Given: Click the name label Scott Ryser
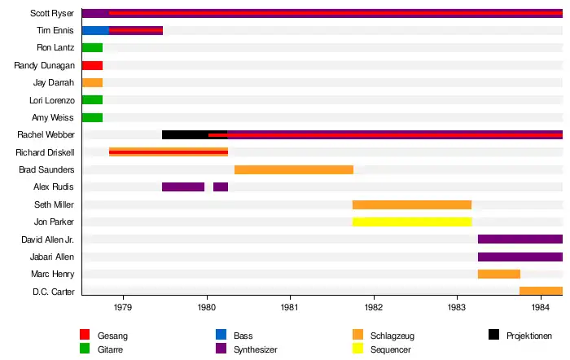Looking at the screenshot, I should (52, 13).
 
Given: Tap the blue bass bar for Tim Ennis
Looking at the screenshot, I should (95, 31).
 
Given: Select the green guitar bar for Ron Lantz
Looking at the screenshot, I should (92, 48).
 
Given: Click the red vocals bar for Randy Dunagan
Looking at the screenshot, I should (92, 65).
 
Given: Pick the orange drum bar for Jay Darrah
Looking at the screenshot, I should (92, 83).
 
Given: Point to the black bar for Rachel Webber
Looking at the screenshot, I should (185, 134).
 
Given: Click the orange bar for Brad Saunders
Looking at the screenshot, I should (294, 169).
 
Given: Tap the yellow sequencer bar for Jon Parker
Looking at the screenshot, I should (412, 222).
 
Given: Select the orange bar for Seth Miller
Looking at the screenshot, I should (412, 204).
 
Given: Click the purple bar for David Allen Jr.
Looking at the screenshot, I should (520, 239).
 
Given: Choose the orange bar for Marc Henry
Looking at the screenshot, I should (499, 274).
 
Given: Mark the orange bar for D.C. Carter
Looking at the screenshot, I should (541, 291).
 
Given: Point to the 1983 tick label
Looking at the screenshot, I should (457, 307).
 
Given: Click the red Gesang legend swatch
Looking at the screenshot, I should (85, 335).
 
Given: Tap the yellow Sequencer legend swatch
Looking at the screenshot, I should (357, 349).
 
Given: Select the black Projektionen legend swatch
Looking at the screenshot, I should (493, 335).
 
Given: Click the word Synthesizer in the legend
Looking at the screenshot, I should (256, 349).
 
